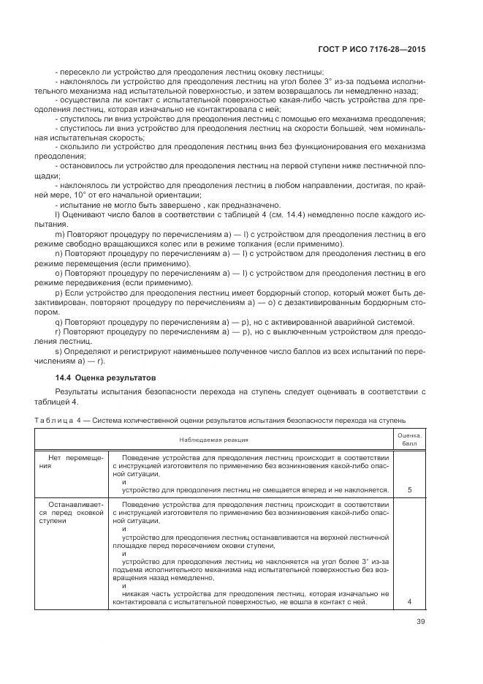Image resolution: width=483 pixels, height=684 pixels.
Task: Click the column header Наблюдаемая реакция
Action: (214, 440)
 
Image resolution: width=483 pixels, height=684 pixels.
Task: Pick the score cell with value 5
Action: (409, 490)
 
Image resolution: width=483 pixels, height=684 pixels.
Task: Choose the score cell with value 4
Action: (409, 601)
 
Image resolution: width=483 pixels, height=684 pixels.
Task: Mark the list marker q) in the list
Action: (58, 322)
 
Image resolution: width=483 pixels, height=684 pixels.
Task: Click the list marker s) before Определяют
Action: (58, 352)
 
